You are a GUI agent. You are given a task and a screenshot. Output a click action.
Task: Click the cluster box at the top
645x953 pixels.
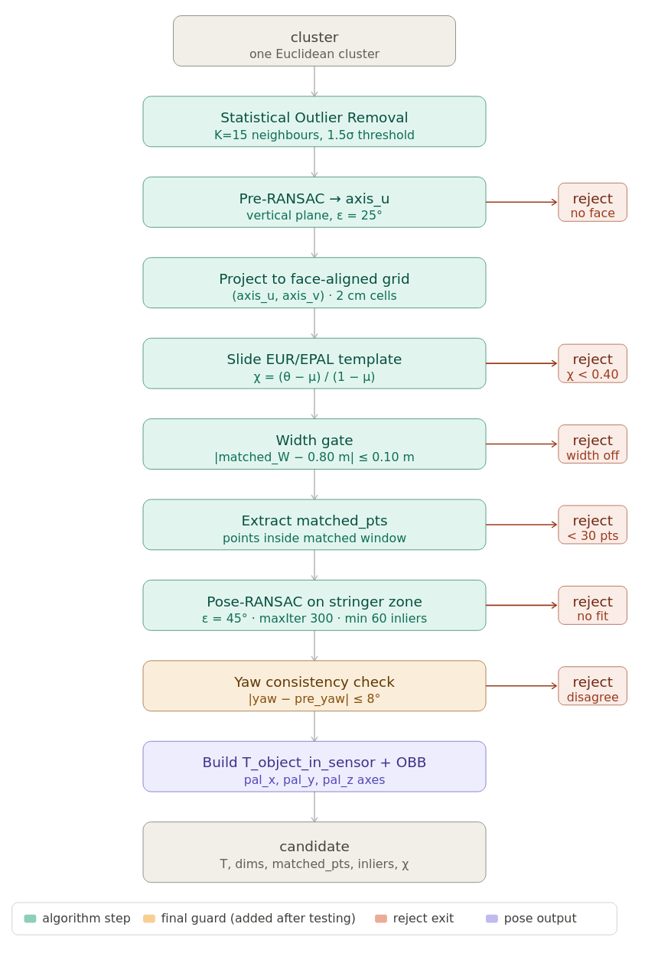point(314,41)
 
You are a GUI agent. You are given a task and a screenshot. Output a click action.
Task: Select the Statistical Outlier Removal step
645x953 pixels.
point(314,122)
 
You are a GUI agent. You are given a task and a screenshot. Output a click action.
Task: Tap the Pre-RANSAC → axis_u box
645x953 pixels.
point(314,202)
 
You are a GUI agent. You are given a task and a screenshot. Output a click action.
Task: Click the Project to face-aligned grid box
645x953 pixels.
point(314,282)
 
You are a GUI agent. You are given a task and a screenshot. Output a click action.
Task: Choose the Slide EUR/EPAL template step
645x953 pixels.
point(314,363)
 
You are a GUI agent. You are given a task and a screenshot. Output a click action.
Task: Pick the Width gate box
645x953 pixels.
point(314,444)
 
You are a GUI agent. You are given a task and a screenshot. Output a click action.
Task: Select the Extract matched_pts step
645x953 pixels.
point(314,525)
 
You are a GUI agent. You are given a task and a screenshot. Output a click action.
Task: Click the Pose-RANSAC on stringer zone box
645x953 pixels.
point(314,605)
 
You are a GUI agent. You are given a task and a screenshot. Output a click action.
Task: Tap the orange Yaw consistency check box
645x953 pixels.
point(314,686)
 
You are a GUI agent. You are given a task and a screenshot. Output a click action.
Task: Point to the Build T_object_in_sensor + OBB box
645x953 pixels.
point(314,766)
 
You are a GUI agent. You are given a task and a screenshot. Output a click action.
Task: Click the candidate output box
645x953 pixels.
point(314,852)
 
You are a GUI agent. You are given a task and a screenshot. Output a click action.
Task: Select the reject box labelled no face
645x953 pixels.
point(592,202)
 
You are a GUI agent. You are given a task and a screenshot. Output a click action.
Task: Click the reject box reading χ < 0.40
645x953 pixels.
point(592,363)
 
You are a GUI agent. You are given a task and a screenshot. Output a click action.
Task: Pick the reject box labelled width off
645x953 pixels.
point(592,444)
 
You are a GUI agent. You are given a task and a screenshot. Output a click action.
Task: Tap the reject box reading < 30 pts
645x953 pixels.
point(592,525)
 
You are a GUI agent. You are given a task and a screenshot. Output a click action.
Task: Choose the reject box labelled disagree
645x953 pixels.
point(592,686)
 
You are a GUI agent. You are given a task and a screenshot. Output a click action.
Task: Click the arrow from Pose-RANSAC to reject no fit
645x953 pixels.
point(522,605)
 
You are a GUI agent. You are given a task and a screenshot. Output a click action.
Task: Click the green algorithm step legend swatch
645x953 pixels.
point(30,919)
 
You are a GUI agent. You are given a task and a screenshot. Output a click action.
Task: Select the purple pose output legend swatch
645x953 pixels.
point(492,919)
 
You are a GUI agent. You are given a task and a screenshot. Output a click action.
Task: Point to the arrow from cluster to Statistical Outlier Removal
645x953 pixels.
point(314,81)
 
